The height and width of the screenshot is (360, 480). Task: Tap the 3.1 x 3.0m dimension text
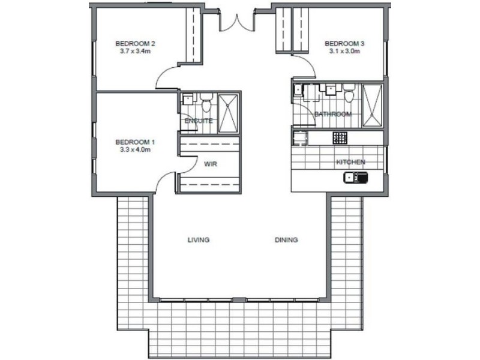pos(344,51)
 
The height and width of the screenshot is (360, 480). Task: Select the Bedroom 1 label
pos(135,142)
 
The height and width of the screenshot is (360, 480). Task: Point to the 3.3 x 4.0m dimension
pos(135,149)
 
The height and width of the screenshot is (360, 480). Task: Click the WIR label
pos(211,164)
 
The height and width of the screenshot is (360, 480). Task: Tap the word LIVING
pos(199,239)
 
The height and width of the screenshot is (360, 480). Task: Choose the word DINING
pos(286,239)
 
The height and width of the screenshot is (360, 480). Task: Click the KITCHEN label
pos(351,162)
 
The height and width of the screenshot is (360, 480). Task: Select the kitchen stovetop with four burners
pos(340,138)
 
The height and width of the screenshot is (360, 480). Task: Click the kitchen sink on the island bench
pos(356,178)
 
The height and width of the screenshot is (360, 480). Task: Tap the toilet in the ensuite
pos(206,102)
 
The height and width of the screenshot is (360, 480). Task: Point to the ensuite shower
pos(228,113)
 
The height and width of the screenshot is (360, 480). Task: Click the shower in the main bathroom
pos(372,106)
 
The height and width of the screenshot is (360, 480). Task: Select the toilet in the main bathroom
pos(349,94)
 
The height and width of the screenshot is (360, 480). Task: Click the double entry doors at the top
pos(236,22)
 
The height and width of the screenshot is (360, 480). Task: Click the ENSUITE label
pos(199,121)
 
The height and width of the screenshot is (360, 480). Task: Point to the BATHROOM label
pos(333,114)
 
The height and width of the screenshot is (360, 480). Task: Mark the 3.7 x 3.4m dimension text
pos(135,51)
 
